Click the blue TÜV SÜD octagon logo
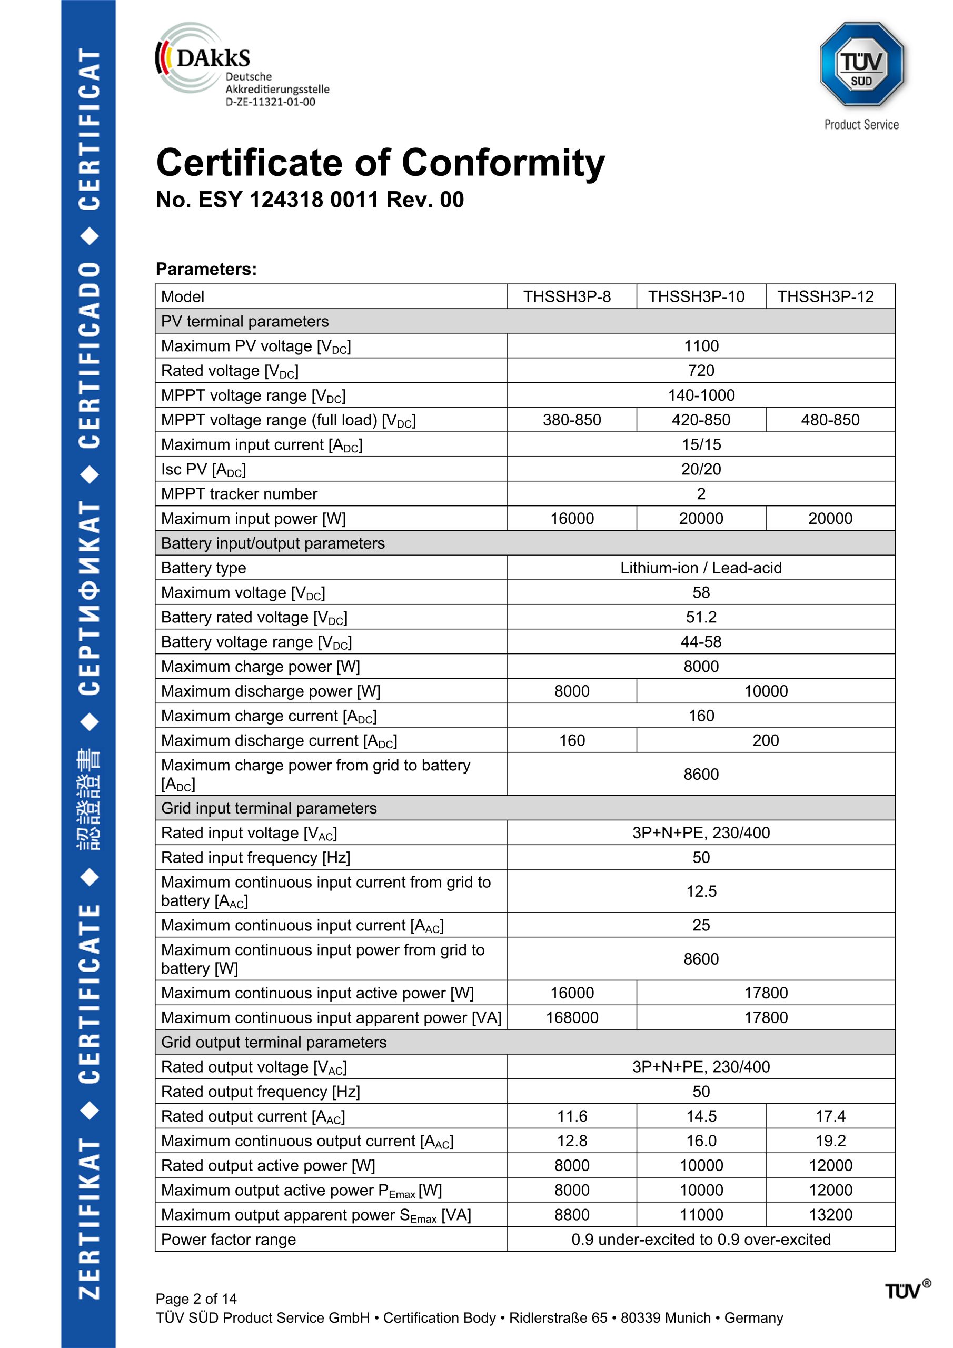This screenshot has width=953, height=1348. [861, 64]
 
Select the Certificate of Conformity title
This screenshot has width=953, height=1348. [380, 163]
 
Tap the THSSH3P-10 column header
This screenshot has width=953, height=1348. [696, 296]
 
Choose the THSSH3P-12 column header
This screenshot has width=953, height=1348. [825, 296]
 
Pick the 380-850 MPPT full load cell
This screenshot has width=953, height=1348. [571, 420]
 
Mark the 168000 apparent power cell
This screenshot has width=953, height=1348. [571, 1017]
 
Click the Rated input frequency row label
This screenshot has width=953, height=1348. [255, 858]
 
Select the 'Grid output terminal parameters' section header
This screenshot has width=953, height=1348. [274, 1042]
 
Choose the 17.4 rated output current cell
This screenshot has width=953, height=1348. [830, 1116]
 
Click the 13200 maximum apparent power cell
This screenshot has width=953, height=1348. [830, 1215]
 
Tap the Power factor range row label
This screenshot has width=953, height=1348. [229, 1240]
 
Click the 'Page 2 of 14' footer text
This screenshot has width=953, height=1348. [196, 1299]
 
